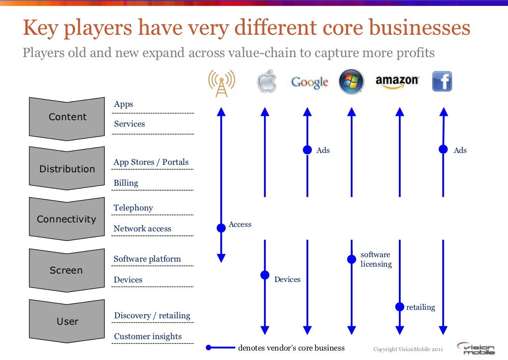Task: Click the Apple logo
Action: pos(265,82)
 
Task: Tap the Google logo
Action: pos(310,82)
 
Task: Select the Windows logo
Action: pos(351,82)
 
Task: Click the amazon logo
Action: pos(397,82)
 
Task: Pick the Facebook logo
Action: pos(442,81)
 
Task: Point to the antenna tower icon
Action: pos(221,82)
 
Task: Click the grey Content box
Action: pos(67,118)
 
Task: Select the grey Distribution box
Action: pos(67,169)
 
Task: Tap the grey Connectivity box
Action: pos(66,219)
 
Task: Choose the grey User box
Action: pos(67,321)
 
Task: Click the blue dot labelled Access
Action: pos(221,228)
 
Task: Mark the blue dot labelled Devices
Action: pos(265,275)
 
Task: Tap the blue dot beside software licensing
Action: pos(351,259)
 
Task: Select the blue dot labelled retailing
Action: pos(399,307)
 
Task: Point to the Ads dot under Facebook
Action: pos(443,149)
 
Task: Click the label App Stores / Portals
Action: pos(151,162)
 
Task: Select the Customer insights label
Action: pos(148,336)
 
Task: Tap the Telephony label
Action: pos(133,208)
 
